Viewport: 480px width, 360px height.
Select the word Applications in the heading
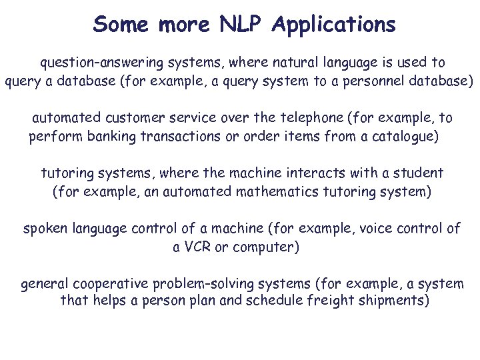point(334,25)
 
